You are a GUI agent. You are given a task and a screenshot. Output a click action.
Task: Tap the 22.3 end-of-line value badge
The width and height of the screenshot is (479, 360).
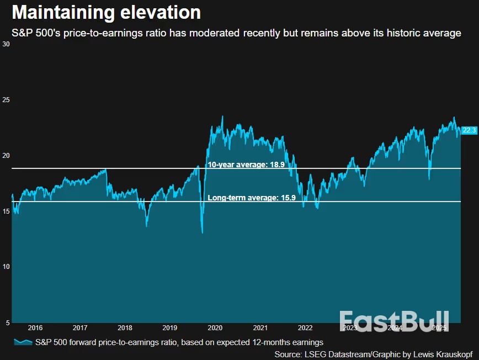pos(469,130)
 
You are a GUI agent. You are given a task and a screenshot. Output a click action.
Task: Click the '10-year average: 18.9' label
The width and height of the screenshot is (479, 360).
pos(246,165)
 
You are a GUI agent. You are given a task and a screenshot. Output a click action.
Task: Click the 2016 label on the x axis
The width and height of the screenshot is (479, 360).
pos(35,328)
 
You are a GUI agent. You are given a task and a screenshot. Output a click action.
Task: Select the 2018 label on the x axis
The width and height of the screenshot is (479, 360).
pos(125,328)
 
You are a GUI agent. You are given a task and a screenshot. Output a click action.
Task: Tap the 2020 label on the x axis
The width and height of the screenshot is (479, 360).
pos(215,328)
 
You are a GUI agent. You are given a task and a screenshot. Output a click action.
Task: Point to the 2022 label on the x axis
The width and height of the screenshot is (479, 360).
pos(305,328)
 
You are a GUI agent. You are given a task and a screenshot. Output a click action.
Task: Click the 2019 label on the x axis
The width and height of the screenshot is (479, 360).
pos(169,328)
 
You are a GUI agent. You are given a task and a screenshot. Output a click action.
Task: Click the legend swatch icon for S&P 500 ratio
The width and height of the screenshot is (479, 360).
pos(22,342)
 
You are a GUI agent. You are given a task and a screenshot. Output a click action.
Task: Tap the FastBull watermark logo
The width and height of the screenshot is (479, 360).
pos(393,322)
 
